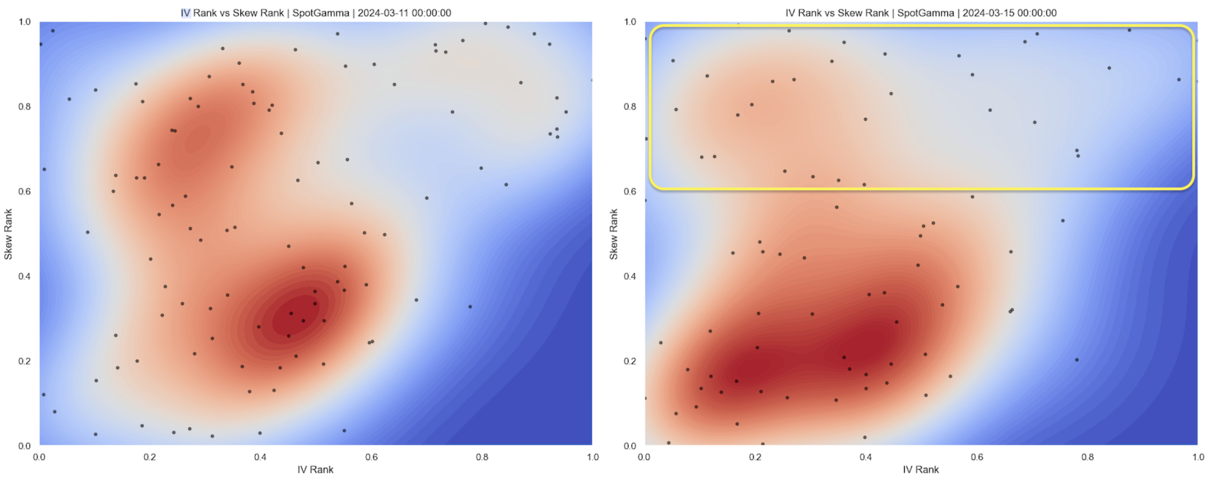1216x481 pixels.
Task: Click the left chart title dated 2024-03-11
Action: tap(315, 13)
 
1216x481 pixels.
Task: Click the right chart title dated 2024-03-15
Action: tap(921, 13)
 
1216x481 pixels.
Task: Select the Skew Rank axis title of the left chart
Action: tap(8, 234)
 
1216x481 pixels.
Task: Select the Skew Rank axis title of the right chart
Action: tap(613, 234)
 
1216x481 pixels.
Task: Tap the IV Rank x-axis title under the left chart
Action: tap(315, 470)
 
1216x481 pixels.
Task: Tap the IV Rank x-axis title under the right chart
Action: tap(921, 470)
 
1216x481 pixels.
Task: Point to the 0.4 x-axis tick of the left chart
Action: tap(260, 457)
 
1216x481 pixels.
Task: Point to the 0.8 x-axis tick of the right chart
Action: tap(1088, 457)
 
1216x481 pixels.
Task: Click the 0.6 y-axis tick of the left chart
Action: tap(24, 191)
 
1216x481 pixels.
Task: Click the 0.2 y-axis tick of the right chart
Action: tap(630, 361)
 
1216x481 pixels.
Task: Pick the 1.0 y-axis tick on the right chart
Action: tap(630, 22)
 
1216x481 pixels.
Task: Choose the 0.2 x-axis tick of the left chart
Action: tap(150, 457)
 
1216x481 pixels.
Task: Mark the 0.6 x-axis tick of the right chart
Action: tap(976, 457)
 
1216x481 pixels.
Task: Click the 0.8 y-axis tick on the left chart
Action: tap(24, 107)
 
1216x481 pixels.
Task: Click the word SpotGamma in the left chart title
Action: tap(321, 13)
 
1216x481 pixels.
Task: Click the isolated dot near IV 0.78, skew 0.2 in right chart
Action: tap(1077, 360)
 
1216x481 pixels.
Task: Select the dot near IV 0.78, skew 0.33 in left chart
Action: tap(470, 307)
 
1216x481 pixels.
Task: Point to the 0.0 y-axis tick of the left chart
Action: tap(24, 445)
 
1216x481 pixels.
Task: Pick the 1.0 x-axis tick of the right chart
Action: tap(1198, 457)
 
